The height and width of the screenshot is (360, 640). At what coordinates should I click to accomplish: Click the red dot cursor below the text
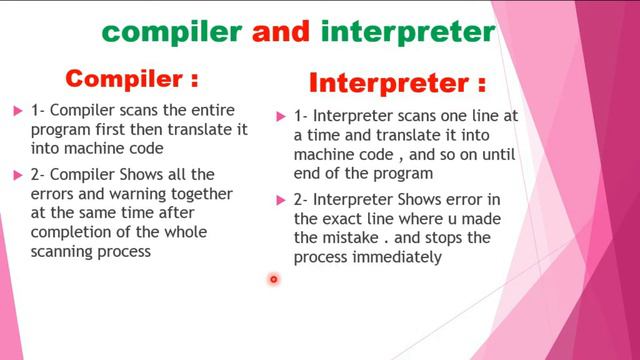click(x=273, y=279)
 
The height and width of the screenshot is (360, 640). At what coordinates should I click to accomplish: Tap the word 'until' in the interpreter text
click(x=493, y=155)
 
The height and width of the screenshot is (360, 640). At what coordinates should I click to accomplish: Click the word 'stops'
click(x=461, y=238)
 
